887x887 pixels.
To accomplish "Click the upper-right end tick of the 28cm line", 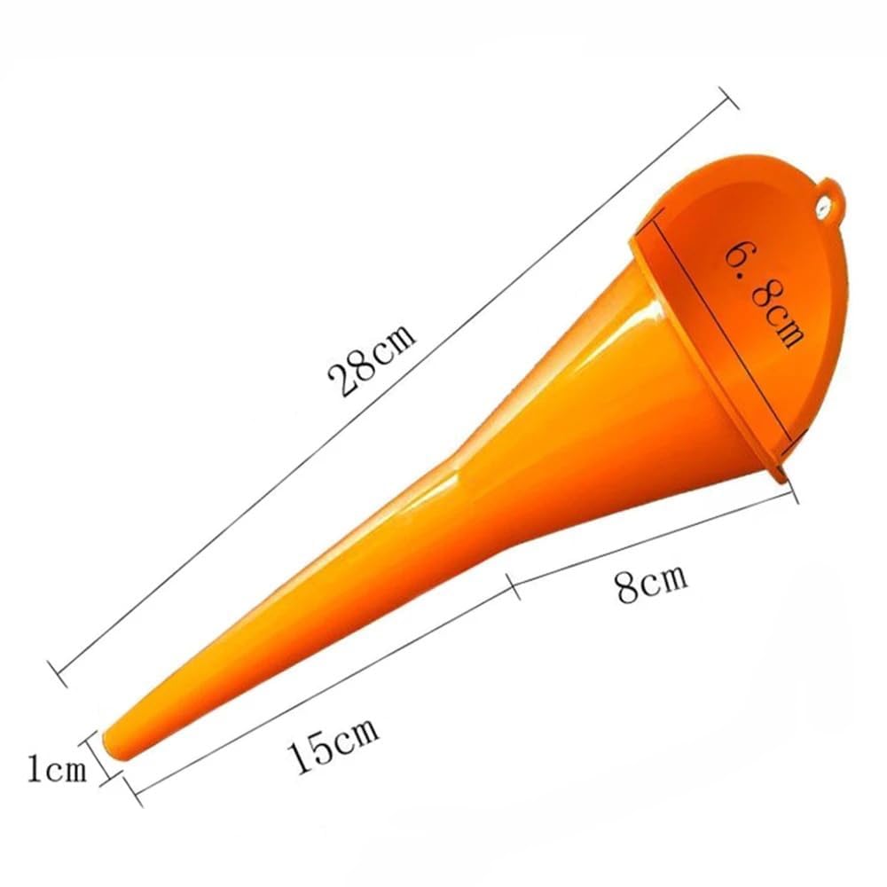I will coord(728,98).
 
